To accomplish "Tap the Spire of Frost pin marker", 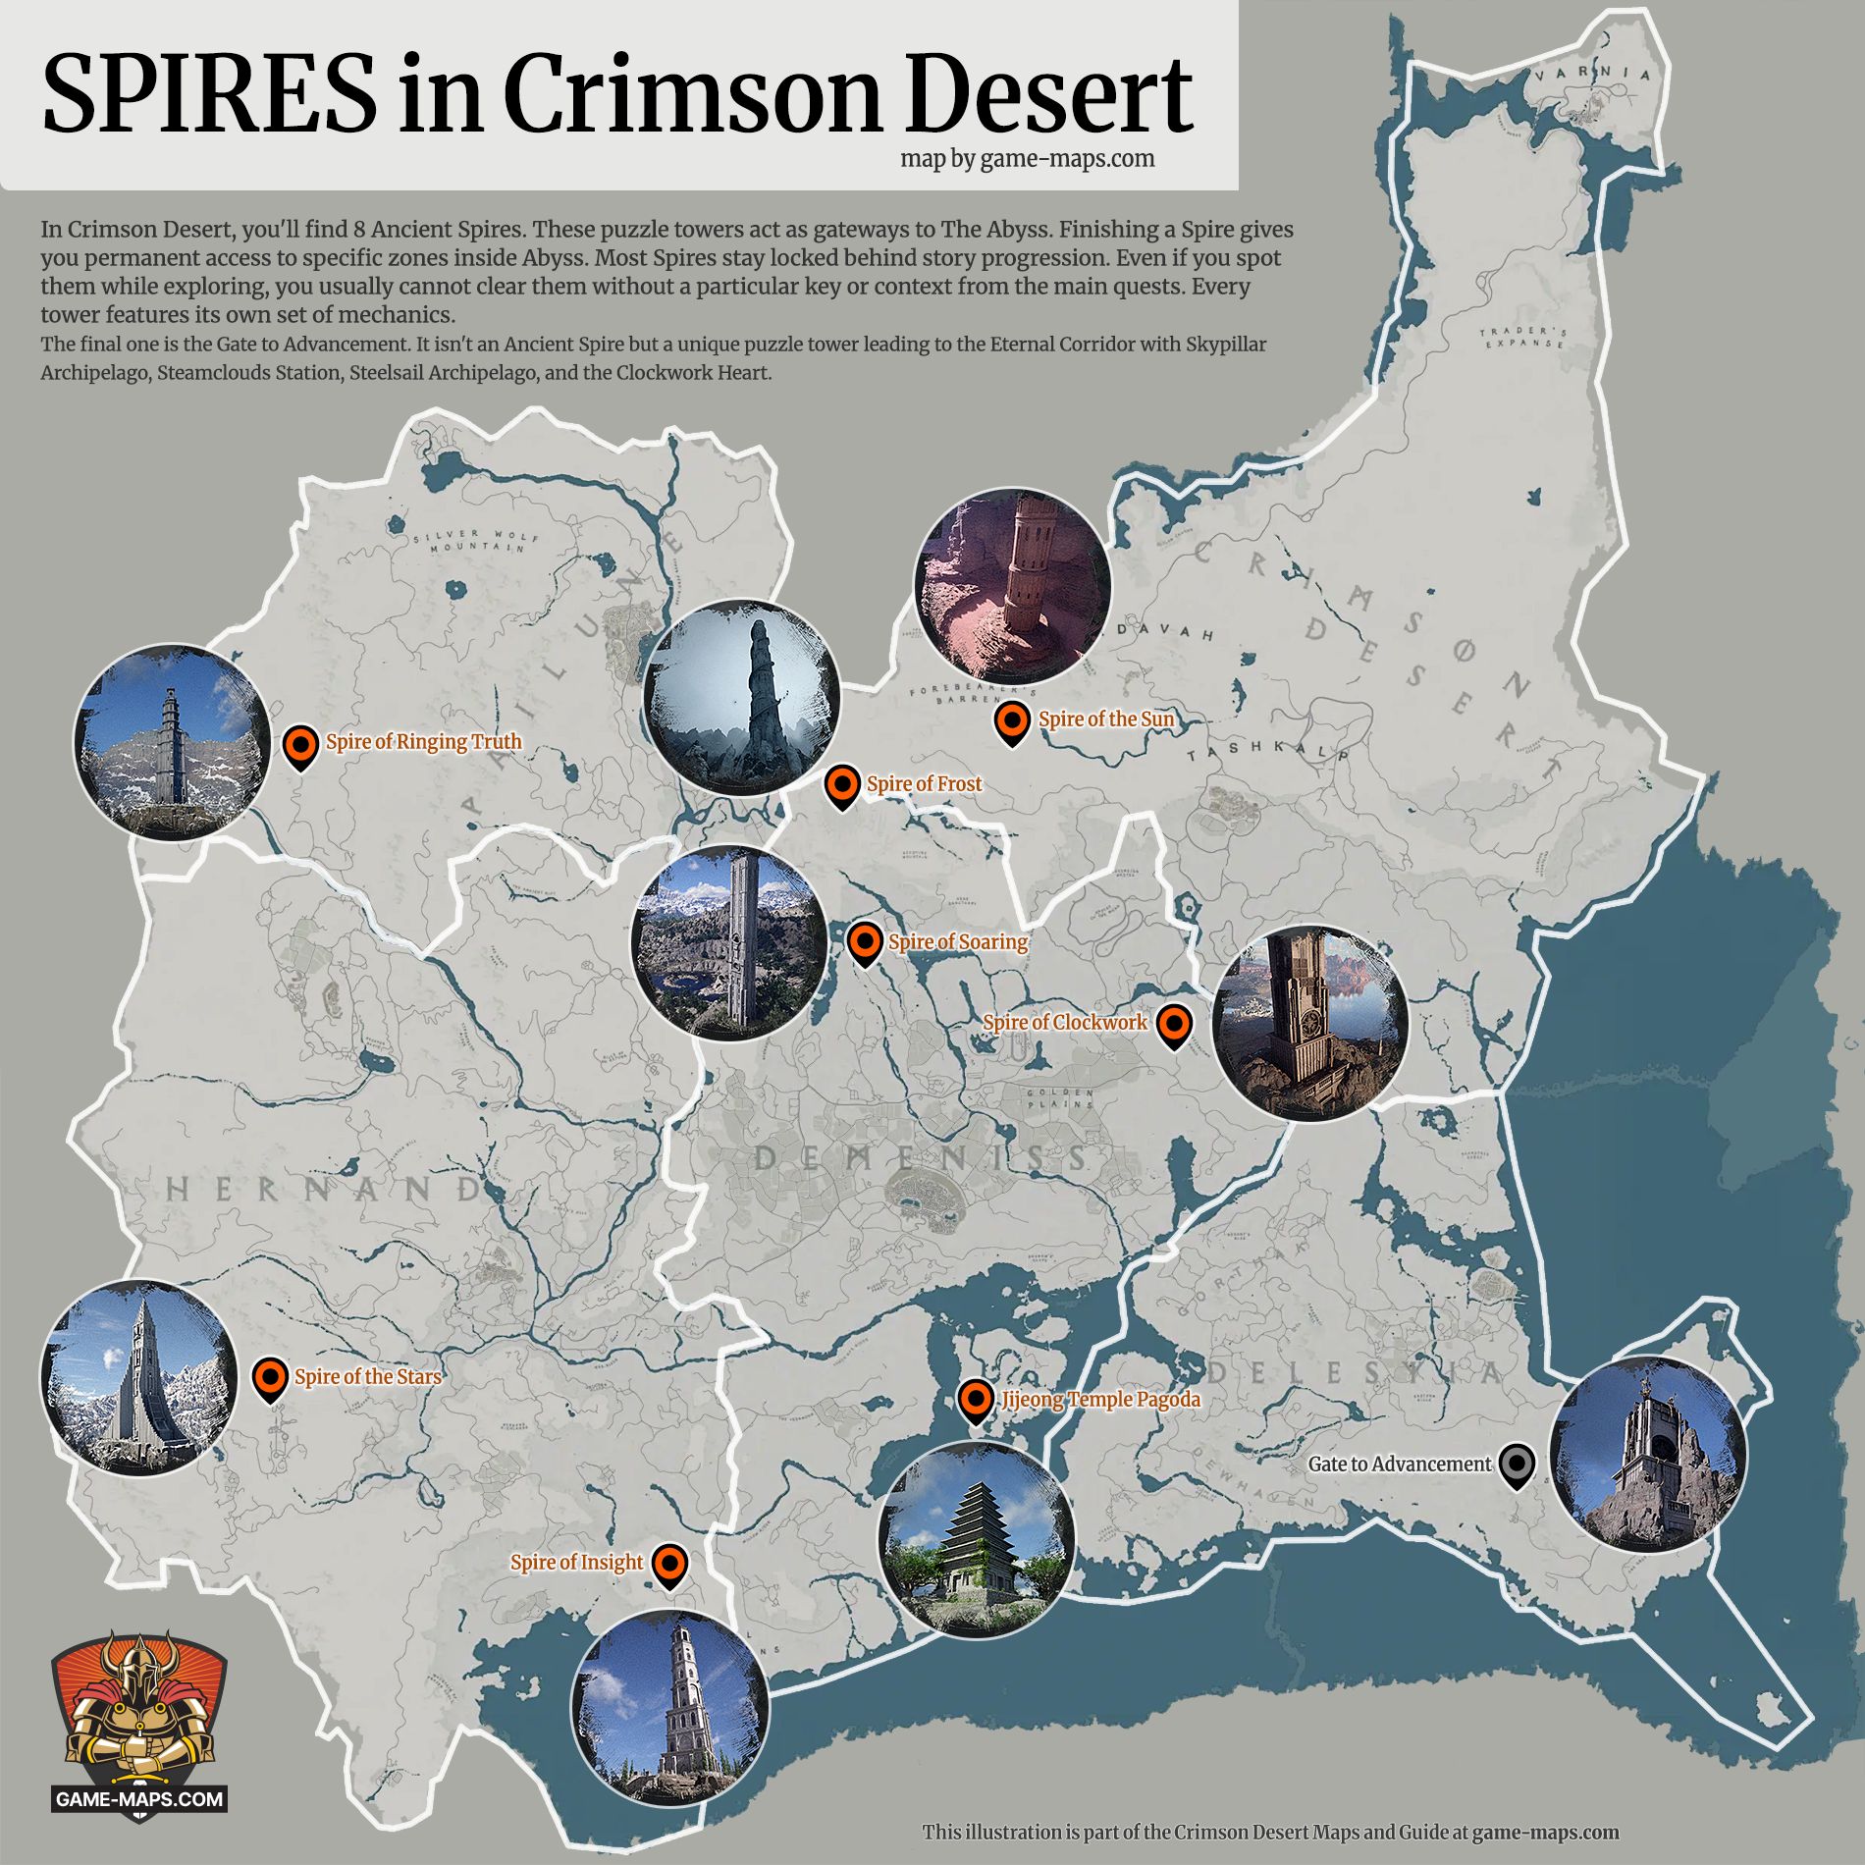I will point(842,786).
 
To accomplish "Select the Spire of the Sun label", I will point(1105,719).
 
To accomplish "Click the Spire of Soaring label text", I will point(957,942).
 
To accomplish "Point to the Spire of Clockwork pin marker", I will point(1173,1025).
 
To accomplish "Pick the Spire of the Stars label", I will point(367,1377).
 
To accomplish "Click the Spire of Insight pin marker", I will point(669,1564).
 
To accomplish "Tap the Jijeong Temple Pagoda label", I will point(1099,1400).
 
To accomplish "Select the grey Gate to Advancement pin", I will point(1518,1465).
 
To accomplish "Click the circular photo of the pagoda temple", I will point(976,1536).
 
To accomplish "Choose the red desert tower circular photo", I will point(1012,587).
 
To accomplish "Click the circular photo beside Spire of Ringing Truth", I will point(172,742).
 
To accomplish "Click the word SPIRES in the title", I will point(208,94).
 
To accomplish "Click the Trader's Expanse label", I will point(1523,338).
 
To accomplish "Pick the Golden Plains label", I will point(1059,1098).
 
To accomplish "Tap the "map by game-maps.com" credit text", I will point(1027,158).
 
